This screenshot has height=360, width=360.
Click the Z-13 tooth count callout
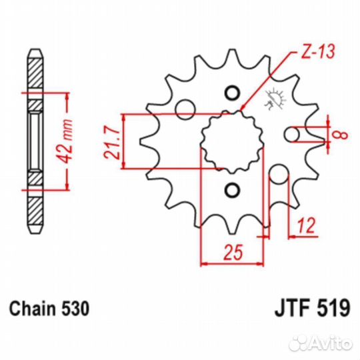[317, 52]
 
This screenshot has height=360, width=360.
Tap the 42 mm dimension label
[65, 141]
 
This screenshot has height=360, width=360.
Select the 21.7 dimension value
[112, 143]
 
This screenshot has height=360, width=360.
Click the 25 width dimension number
[233, 252]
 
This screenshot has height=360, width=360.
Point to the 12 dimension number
[306, 225]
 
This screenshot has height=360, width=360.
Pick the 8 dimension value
[343, 135]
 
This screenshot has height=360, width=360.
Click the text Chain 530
[49, 309]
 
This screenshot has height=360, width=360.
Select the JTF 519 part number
[313, 309]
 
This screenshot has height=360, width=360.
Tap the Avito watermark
[321, 344]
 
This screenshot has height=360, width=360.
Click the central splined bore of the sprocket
[233, 142]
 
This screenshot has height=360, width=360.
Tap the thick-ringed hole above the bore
[233, 93]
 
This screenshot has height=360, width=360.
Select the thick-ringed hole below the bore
[233, 190]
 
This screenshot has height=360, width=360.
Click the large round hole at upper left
[185, 109]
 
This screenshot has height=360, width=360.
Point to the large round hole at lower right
[279, 175]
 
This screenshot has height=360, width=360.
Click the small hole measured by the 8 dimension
[292, 134]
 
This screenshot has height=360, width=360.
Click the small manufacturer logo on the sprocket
[275, 99]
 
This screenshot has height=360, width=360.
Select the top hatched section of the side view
[35, 73]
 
